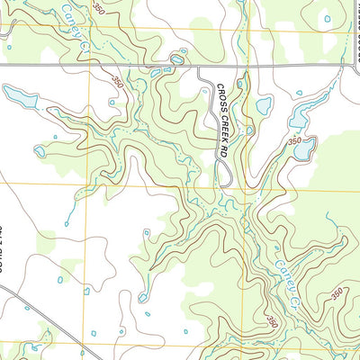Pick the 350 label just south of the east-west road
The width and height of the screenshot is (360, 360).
[x=117, y=81]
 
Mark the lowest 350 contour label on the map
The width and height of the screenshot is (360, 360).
[x=271, y=320]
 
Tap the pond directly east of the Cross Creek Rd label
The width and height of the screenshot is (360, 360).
[x=263, y=106]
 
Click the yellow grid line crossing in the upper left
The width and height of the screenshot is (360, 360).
[x=89, y=30]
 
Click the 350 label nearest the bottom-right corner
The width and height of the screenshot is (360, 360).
[x=337, y=293]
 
